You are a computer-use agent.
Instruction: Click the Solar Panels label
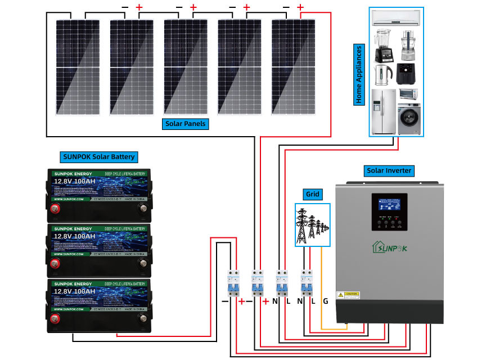pos(186,123)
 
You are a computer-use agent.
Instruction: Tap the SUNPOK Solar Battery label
pos(98,156)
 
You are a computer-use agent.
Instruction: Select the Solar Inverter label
pos(389,170)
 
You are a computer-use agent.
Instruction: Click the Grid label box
pos(312,195)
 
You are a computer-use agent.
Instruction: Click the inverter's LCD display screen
pos(389,202)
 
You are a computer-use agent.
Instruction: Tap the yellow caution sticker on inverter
pos(348,295)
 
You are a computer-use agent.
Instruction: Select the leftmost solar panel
pos(79,66)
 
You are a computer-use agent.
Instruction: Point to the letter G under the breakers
pos(325,301)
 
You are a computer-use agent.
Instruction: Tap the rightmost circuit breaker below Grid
pos(306,283)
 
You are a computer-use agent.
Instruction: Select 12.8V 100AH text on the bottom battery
pos(76,292)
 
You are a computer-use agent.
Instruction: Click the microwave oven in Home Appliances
pos(408,93)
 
